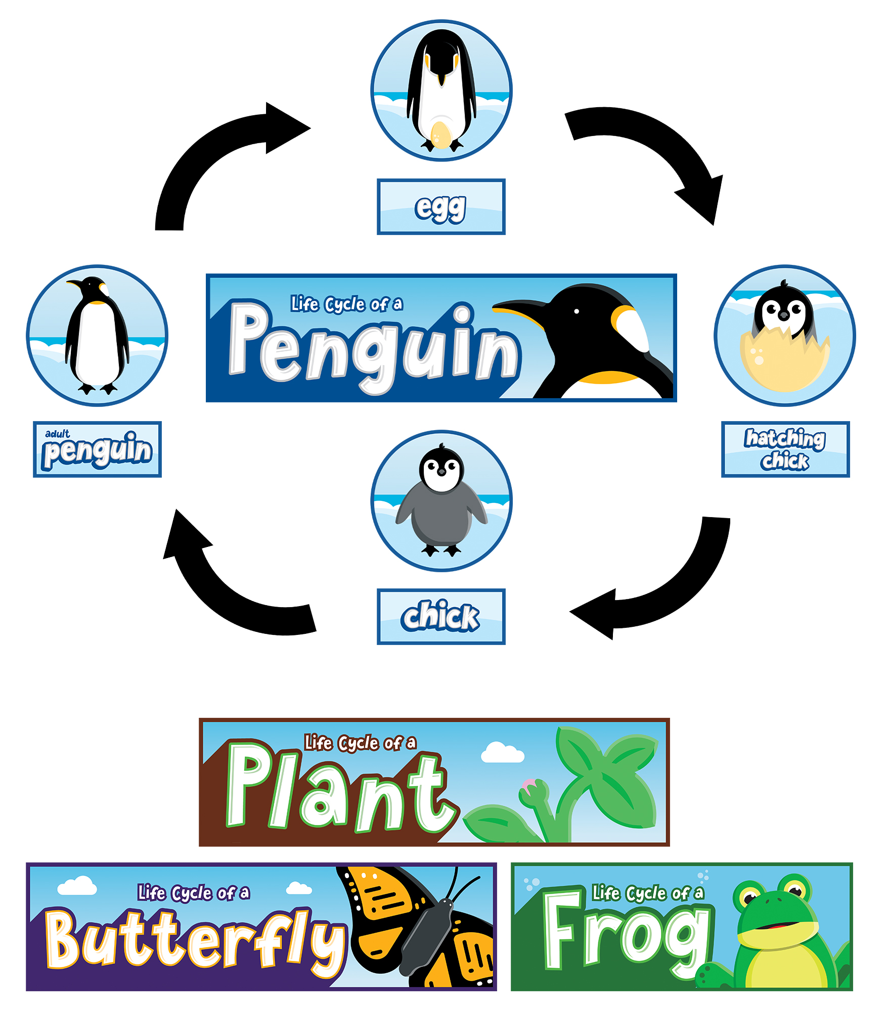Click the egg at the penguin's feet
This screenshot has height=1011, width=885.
click(x=440, y=135)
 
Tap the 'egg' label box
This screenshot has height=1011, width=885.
click(x=441, y=206)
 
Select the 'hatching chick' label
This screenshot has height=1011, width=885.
click(x=785, y=449)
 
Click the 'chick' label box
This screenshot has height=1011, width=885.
click(x=441, y=616)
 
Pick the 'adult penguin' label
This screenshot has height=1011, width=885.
click(x=97, y=449)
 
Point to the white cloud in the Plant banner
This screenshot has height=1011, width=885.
click(x=502, y=753)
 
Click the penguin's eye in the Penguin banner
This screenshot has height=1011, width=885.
click(x=577, y=311)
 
